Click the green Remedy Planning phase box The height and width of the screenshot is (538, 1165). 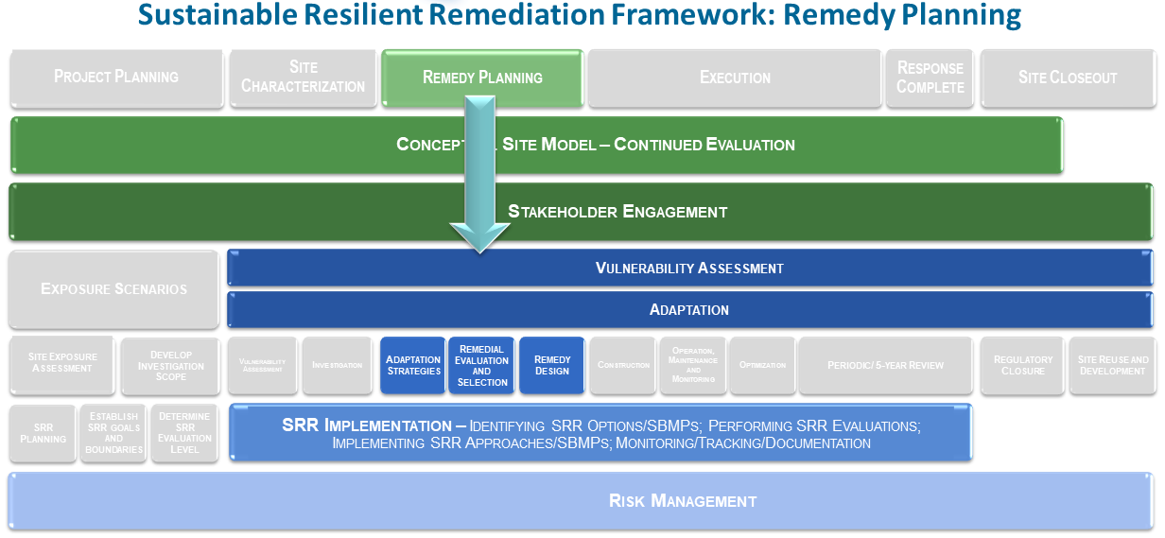482,78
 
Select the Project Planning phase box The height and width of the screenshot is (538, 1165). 115,78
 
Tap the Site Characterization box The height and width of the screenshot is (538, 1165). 303,78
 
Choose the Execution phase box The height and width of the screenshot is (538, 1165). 735,78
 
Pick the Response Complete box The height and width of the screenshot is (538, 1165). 930,78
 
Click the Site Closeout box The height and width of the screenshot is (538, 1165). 1068,78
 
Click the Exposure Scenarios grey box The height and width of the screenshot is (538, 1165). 113,289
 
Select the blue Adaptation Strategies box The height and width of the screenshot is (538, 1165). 413,365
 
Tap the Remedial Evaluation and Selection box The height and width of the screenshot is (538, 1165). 482,365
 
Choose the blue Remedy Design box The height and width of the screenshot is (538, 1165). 552,365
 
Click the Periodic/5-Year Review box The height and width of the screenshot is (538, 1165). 885,365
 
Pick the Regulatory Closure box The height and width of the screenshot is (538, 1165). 1023,365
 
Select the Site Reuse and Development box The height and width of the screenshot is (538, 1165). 1113,365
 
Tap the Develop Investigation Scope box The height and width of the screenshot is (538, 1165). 170,366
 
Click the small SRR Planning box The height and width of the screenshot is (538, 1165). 43,434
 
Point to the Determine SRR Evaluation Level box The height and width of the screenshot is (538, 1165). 184,434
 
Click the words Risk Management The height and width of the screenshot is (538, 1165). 683,501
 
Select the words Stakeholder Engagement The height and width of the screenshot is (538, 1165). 617,212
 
